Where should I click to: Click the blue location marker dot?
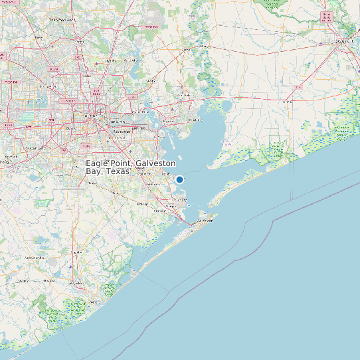pos(179,179)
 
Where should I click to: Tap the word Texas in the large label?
pos(118,171)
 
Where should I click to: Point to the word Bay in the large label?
pos(94,171)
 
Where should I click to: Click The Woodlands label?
pos(62,20)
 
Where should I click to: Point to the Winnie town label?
pos(287,102)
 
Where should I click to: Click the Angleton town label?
pos(76,252)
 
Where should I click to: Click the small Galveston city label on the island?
pos(204,221)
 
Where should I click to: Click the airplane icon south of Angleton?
pos(70,267)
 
